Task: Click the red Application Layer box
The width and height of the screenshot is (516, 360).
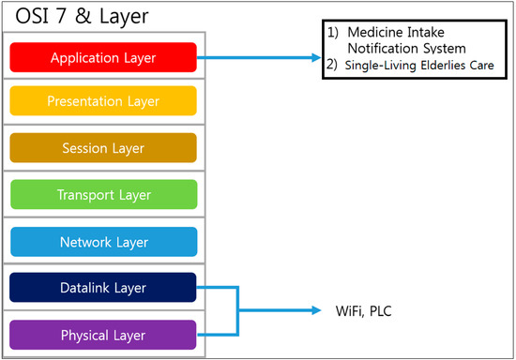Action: click(x=103, y=57)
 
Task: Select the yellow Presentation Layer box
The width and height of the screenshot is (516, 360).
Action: click(x=103, y=100)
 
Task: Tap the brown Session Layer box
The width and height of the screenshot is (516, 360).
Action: click(x=103, y=147)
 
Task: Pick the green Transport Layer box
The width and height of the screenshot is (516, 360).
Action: click(x=104, y=194)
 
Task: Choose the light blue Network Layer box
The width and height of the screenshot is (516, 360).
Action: click(x=104, y=242)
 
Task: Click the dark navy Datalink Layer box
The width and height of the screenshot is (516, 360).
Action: click(x=103, y=287)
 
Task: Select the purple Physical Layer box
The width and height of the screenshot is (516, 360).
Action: click(x=103, y=335)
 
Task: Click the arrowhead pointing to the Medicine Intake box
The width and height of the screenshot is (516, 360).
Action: click(x=316, y=58)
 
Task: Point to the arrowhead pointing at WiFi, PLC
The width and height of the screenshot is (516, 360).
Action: click(x=316, y=310)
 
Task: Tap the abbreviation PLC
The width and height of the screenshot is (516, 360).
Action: click(x=381, y=311)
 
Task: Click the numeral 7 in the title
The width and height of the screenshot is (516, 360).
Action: click(x=61, y=16)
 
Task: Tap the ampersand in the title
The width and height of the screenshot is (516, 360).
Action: click(x=83, y=16)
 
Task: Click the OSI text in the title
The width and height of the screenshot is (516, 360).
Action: click(x=32, y=16)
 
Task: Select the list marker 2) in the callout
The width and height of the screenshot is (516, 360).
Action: click(x=332, y=65)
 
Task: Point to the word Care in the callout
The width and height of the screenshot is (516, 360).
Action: click(x=482, y=65)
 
